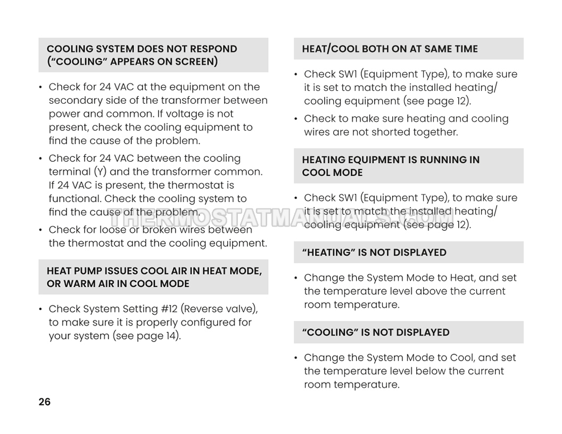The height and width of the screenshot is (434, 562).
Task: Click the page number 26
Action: tap(44, 402)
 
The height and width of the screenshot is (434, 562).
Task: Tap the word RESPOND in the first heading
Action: tap(212, 49)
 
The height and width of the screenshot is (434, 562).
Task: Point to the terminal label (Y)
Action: tap(101, 172)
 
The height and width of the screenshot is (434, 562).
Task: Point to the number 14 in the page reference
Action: tap(170, 336)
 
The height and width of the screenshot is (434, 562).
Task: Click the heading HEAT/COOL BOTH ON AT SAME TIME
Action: tap(390, 49)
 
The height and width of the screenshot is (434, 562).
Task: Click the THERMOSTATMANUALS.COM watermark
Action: tap(281, 217)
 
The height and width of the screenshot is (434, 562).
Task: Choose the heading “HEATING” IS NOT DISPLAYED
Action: tap(374, 253)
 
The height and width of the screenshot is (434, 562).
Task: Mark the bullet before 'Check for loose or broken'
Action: tap(41, 230)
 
